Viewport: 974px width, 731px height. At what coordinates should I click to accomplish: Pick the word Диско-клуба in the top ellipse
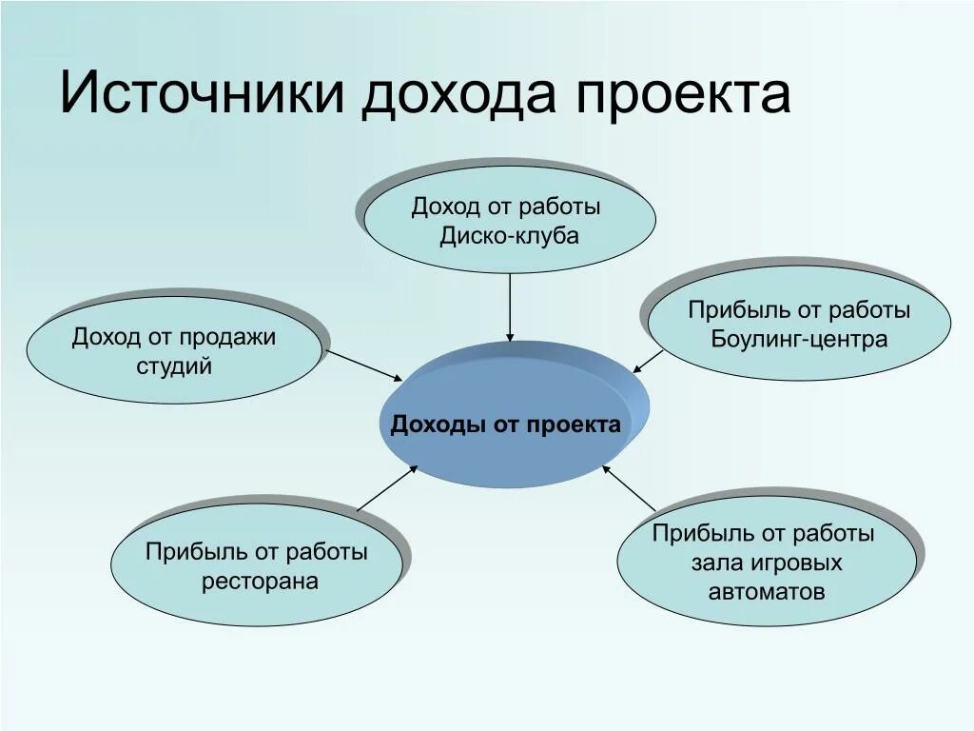509,236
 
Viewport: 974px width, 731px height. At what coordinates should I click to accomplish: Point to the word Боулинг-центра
799,339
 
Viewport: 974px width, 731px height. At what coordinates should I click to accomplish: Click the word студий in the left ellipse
174,365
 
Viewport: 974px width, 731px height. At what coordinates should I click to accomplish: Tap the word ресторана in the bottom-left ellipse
260,581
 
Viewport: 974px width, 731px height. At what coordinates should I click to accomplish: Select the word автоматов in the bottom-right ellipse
767,591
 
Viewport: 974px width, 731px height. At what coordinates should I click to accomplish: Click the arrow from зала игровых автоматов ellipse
630,487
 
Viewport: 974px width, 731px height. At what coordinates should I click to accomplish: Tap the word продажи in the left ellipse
224,337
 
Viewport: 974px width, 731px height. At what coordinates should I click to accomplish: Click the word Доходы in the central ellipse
438,425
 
